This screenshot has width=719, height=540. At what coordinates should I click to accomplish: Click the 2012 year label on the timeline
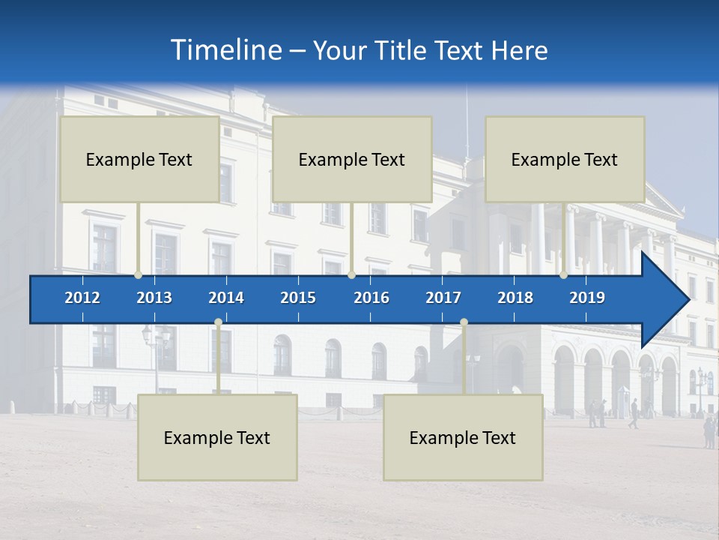[x=82, y=298]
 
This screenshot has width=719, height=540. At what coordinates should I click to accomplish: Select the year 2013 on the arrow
[x=154, y=298]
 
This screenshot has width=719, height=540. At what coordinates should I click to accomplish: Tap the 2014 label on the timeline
[x=226, y=298]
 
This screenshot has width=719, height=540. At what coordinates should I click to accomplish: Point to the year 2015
[x=298, y=298]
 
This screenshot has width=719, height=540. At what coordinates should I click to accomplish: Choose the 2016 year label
[x=371, y=298]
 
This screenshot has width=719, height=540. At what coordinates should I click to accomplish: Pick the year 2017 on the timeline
[x=443, y=298]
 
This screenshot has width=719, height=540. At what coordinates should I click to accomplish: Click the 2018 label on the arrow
[x=515, y=298]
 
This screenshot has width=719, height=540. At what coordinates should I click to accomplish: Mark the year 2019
[x=587, y=298]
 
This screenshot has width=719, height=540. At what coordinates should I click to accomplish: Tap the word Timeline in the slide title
[x=225, y=50]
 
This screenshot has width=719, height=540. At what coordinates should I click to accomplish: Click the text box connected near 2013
[x=139, y=159]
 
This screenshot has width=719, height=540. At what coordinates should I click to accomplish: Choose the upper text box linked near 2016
[x=352, y=159]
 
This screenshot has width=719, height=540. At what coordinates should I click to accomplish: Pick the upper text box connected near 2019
[x=565, y=159]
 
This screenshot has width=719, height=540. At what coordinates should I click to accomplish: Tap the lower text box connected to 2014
[x=217, y=437]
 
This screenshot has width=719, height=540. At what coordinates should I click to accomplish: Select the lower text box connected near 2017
[x=463, y=437]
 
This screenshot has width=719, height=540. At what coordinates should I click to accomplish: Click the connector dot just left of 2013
[x=138, y=275]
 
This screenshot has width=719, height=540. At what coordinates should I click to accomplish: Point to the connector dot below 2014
[x=218, y=322]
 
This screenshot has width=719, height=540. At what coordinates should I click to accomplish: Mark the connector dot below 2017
[x=464, y=322]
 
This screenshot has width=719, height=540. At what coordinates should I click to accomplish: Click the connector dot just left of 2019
[x=563, y=275]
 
